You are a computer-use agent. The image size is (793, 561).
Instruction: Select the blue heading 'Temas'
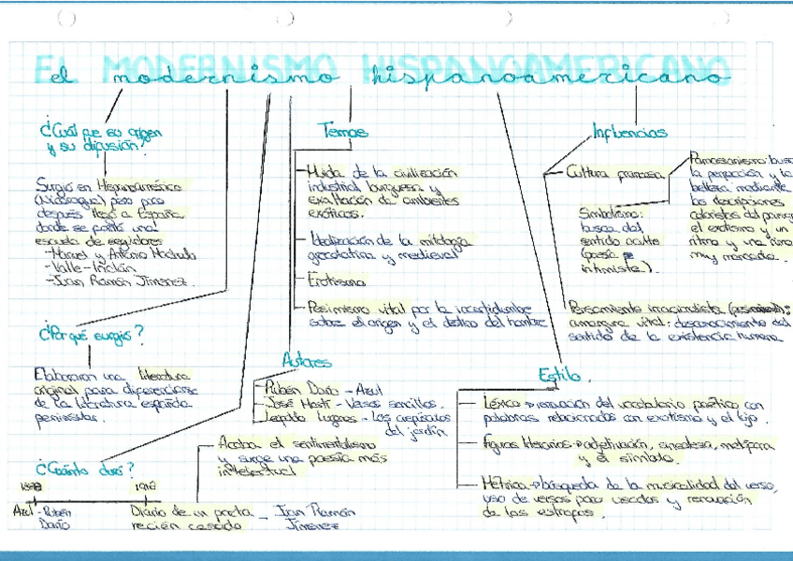click(342, 132)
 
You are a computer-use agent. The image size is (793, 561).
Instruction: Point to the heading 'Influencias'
click(629, 132)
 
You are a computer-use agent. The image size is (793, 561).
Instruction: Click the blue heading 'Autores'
click(306, 359)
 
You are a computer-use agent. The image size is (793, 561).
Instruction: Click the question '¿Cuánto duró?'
click(83, 467)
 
